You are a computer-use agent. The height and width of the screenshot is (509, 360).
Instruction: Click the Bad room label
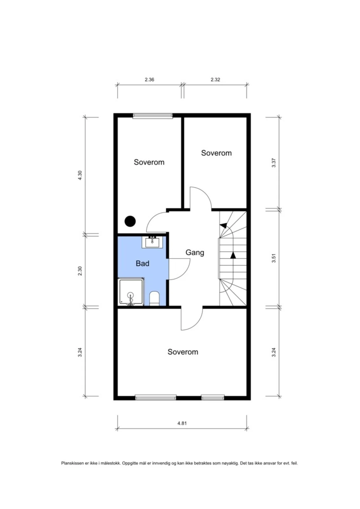tap(142, 264)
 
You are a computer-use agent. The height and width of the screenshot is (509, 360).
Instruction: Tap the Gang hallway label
tap(195, 253)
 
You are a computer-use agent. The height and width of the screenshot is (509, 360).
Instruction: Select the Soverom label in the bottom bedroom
tap(183, 352)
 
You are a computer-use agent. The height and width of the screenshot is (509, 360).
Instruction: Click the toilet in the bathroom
tap(154, 299)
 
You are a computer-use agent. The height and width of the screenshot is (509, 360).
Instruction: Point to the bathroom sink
tap(152, 242)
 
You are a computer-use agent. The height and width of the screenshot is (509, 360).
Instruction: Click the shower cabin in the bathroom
tap(131, 292)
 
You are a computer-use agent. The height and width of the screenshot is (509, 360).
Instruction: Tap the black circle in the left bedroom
tap(130, 221)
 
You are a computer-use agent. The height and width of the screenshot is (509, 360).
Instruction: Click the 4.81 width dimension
tap(182, 423)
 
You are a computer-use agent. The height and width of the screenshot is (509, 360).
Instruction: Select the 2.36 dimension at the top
tap(149, 80)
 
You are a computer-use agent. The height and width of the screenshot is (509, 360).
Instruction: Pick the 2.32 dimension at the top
tap(215, 80)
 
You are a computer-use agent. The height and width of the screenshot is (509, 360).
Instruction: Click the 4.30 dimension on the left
tap(80, 175)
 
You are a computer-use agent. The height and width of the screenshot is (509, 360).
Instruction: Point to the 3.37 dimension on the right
tap(273, 163)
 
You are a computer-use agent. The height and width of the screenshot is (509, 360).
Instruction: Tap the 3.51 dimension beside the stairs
tap(273, 258)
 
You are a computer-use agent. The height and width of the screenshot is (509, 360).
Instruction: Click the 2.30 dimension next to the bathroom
tap(80, 271)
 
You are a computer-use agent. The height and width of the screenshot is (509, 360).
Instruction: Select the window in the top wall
tap(153, 116)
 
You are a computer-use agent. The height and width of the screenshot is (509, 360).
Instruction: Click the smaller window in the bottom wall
tap(213, 398)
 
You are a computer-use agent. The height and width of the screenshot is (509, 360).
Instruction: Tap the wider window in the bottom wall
tap(156, 398)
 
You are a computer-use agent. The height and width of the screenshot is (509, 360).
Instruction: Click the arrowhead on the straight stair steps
tap(233, 255)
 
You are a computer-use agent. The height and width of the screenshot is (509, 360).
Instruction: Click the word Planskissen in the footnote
tap(72, 463)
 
